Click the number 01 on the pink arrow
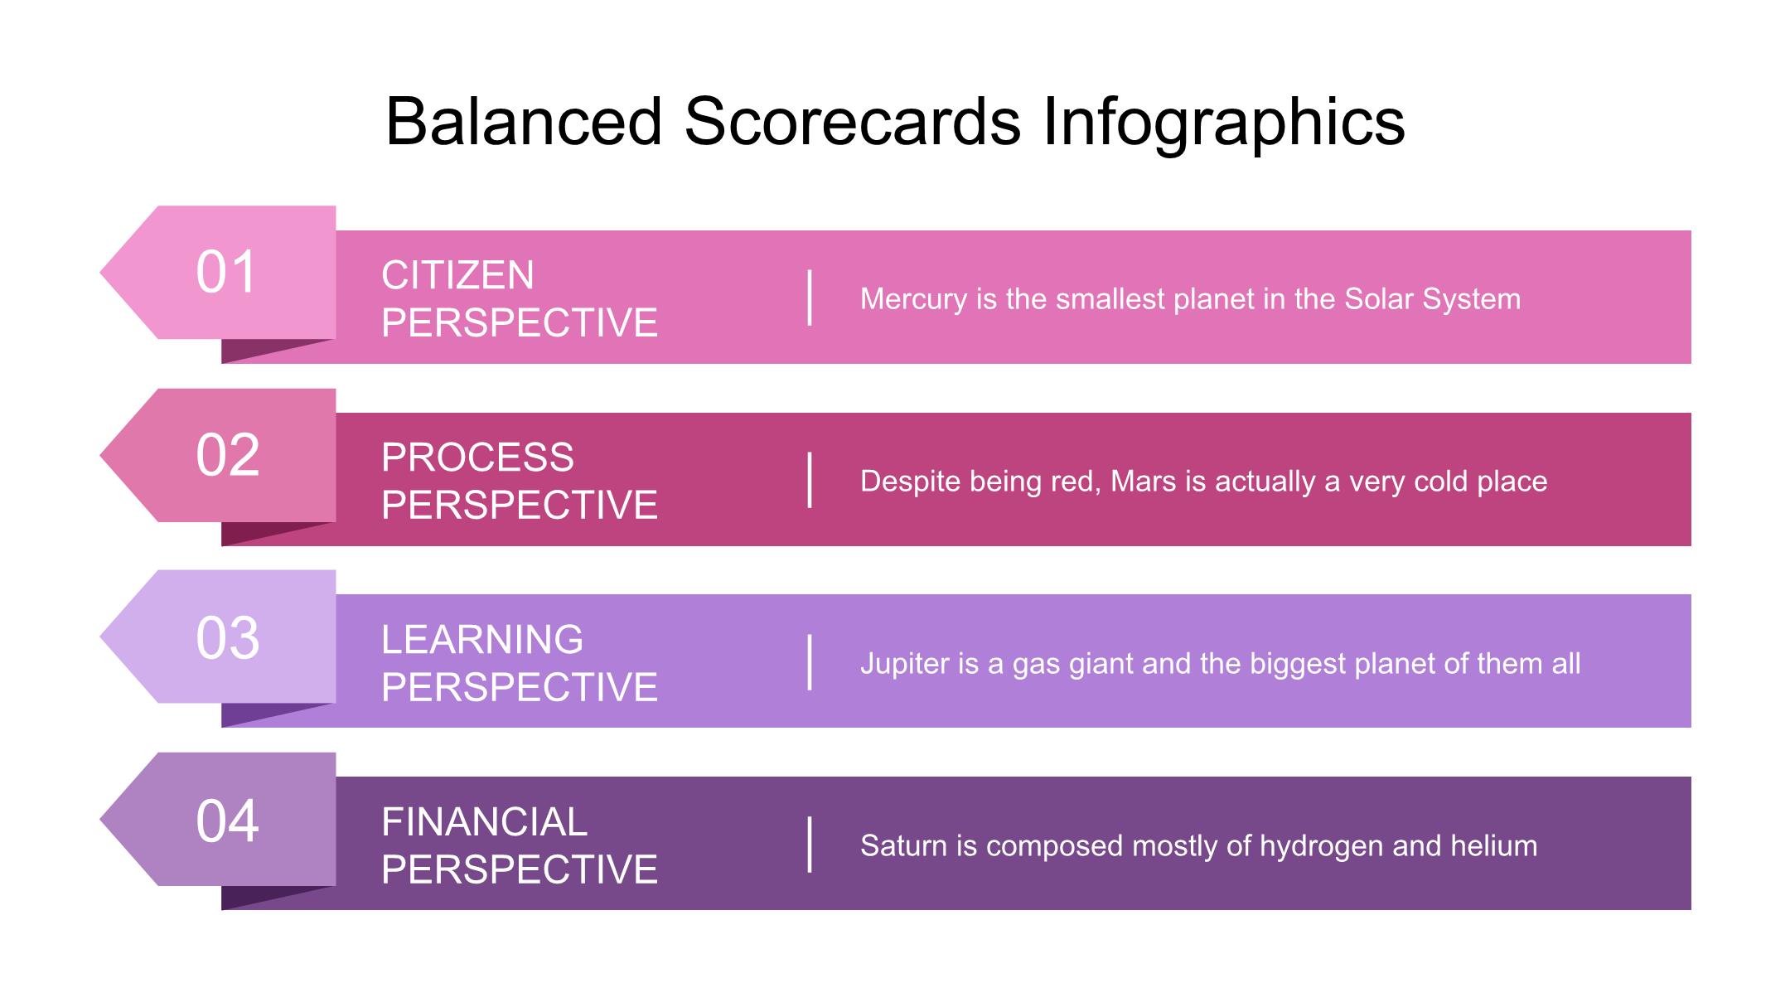pos(227,272)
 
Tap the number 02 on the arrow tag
pos(227,455)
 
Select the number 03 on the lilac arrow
pos(227,637)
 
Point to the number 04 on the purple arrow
pos(227,821)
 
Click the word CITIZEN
pos(457,275)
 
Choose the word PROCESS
pos(477,458)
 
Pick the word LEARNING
pos(482,640)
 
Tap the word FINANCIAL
pos(484,822)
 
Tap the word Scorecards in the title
pos(852,122)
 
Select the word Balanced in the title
pos(524,122)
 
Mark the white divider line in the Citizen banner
pos(810,298)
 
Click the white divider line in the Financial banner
pos(810,845)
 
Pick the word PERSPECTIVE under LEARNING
pos(520,687)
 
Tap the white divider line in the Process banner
pos(810,480)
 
